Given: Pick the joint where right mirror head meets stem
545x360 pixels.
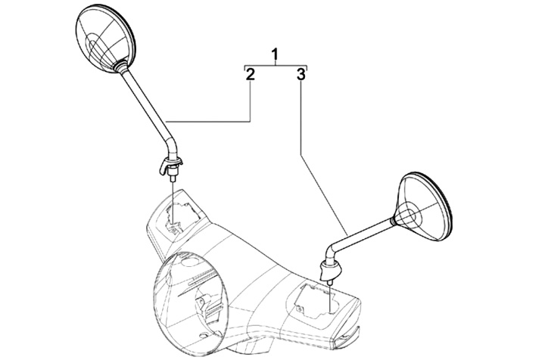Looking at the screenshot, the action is [x=395, y=219].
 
